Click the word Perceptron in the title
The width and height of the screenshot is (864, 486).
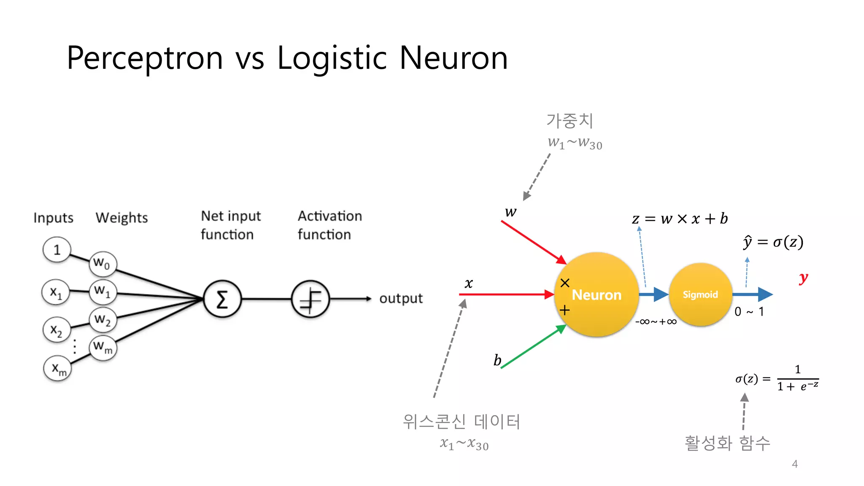click(145, 58)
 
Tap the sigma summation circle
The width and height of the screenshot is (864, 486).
click(222, 299)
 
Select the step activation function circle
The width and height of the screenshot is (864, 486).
click(310, 299)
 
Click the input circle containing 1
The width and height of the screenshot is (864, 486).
click(57, 250)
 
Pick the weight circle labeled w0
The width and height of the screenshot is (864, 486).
click(103, 263)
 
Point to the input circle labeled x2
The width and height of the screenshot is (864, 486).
click(56, 330)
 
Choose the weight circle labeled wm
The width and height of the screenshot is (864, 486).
click(103, 348)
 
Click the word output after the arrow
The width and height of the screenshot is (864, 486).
click(401, 298)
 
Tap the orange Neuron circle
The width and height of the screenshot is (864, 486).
click(597, 294)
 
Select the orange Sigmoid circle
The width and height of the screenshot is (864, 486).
click(700, 294)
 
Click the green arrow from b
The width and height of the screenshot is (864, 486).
click(534, 347)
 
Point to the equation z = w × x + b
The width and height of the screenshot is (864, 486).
click(680, 219)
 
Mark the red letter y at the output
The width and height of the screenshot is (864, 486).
click(803, 278)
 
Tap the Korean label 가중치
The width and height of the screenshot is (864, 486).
click(570, 121)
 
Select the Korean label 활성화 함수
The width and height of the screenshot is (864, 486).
click(727, 443)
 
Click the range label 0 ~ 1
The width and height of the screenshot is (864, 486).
click(749, 312)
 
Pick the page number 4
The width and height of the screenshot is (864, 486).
click(795, 464)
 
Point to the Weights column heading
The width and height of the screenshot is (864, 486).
click(121, 218)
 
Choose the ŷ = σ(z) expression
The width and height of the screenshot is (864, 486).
click(773, 242)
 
